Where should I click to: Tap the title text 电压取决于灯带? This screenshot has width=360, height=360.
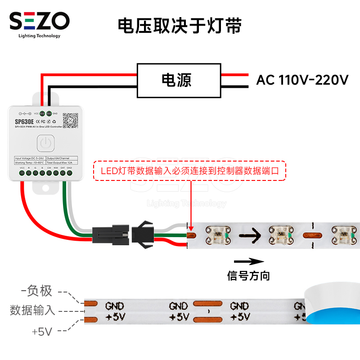[x=180, y=26]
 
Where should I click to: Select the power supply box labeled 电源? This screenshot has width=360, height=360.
[x=179, y=81]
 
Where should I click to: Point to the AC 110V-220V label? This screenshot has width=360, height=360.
[x=302, y=81]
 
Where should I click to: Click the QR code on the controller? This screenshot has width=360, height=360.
[x=70, y=120]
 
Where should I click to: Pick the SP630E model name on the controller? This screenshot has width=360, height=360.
[x=24, y=122]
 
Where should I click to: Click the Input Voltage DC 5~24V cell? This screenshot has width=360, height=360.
[x=30, y=158]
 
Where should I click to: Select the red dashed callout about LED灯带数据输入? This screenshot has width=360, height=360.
[x=189, y=171]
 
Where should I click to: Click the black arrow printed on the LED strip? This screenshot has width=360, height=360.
[x=250, y=234]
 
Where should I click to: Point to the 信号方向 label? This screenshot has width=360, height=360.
[x=248, y=275]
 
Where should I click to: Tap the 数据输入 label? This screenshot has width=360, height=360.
[x=32, y=310]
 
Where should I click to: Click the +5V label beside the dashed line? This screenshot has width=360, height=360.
[x=42, y=332]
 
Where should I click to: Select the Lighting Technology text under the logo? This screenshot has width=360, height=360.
[x=40, y=36]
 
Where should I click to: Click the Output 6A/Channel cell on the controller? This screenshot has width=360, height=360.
[x=62, y=158]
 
